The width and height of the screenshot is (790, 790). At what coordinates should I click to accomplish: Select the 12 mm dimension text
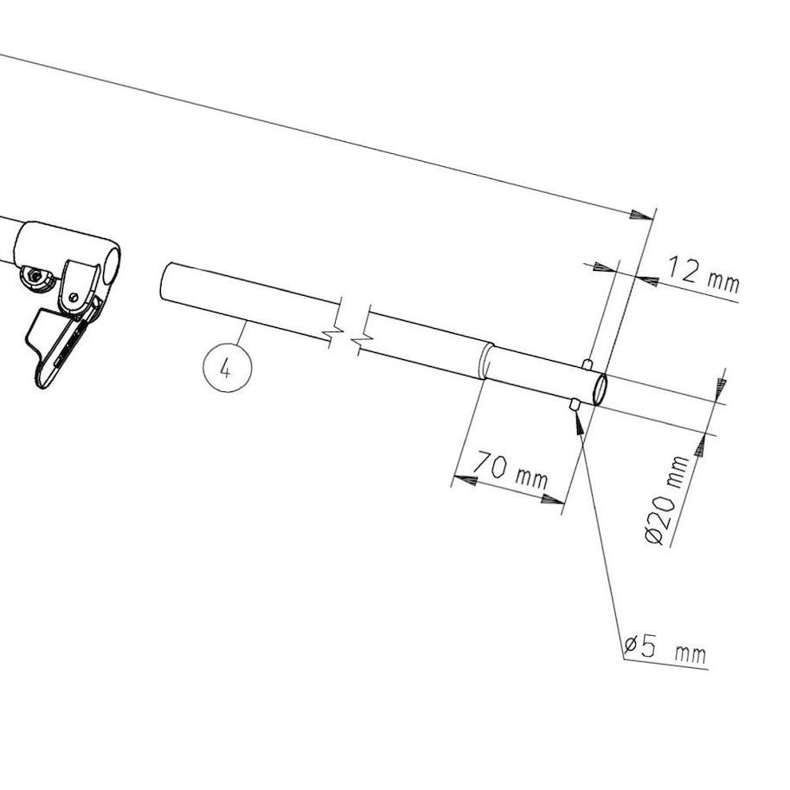[x=704, y=275]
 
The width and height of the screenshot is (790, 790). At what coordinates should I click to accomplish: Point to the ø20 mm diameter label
[x=667, y=500]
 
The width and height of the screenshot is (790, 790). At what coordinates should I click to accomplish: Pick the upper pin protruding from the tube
[x=588, y=363]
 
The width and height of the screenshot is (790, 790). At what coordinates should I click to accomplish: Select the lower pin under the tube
[x=575, y=404]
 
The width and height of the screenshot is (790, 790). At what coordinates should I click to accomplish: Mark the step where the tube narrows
[x=487, y=361]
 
